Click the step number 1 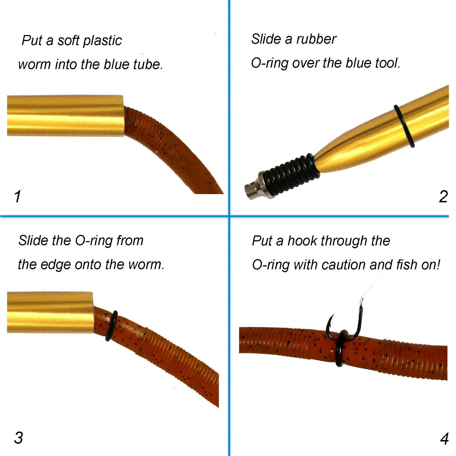pyautogui.click(x=17, y=197)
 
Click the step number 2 pyautogui.click(x=443, y=196)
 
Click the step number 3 pyautogui.click(x=19, y=438)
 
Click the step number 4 pyautogui.click(x=444, y=439)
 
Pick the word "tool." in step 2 pyautogui.click(x=387, y=63)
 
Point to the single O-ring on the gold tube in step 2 pyautogui.click(x=404, y=126)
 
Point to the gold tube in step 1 pyautogui.click(x=65, y=116)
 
